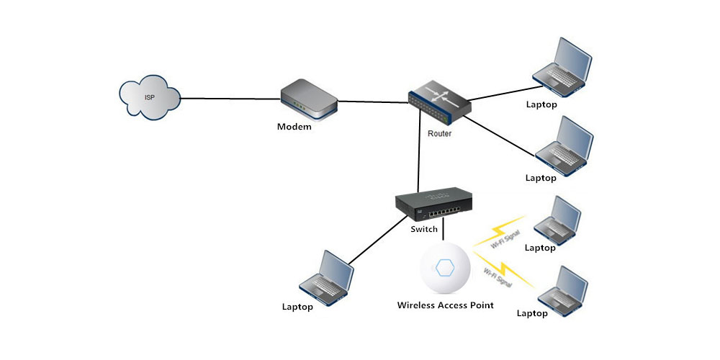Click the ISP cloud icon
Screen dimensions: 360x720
pos(149,99)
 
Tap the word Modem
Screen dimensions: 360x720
pos(294,127)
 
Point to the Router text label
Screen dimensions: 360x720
pos(440,134)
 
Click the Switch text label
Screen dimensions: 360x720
pos(423,230)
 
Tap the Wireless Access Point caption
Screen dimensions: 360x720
pos(446,305)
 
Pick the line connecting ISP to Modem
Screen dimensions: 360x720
pos(229,99)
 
